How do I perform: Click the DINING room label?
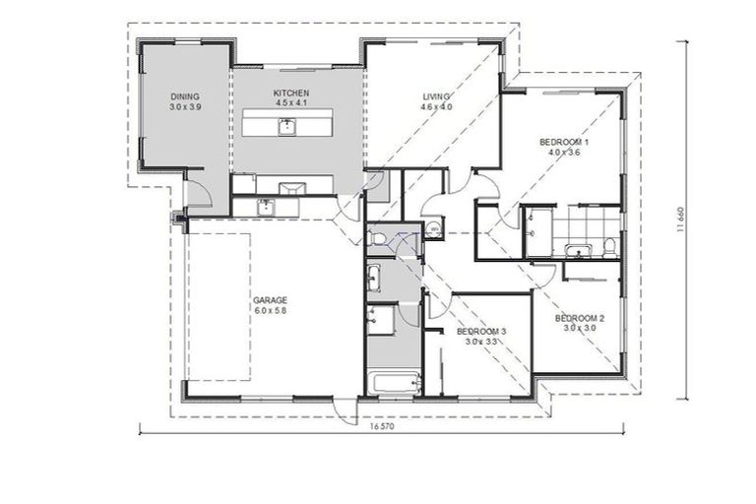[184, 96]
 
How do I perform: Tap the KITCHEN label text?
[291, 94]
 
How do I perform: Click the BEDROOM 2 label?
[579, 318]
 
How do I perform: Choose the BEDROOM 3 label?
[481, 332]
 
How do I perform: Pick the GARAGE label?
[269, 299]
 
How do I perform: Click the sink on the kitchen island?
[286, 126]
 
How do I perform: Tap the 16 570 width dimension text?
[383, 428]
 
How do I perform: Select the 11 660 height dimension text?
[680, 220]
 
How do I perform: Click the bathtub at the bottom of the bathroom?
[392, 382]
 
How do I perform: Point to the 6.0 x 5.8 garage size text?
[269, 310]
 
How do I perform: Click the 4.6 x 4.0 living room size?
[436, 107]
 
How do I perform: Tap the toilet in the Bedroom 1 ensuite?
[610, 245]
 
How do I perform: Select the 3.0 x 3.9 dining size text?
[184, 106]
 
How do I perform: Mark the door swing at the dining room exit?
[197, 192]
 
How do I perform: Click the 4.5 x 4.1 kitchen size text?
[291, 103]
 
